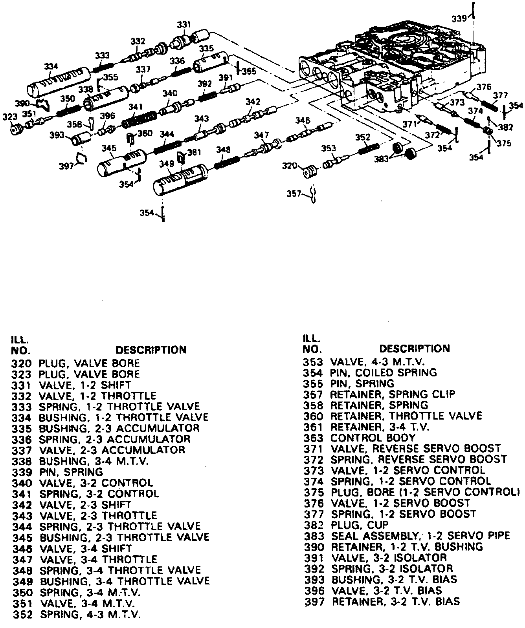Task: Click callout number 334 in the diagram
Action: point(51,67)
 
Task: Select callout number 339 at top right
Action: point(459,18)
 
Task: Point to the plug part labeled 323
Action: point(16,129)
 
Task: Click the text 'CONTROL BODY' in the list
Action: point(373,438)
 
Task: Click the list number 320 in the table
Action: point(21,363)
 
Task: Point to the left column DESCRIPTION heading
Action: point(151,349)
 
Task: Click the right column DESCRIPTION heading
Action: point(414,348)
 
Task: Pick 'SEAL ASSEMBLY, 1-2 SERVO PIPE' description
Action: point(420,536)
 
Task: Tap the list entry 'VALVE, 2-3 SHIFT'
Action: point(85,504)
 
